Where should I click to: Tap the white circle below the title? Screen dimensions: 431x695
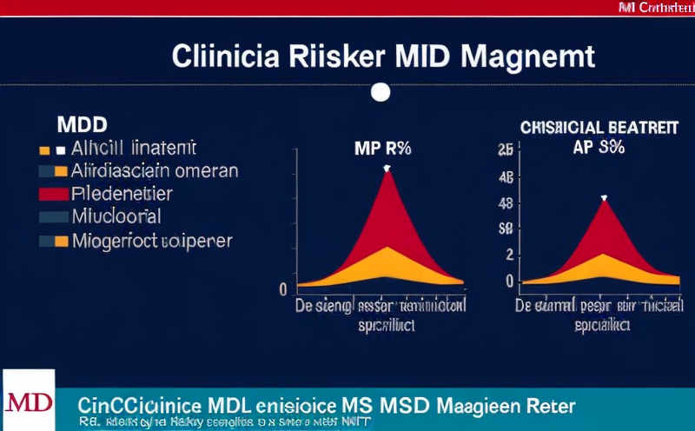[x=380, y=92]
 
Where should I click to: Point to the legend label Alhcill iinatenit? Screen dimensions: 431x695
[x=135, y=148]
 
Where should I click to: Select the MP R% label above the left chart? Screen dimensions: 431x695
[x=381, y=148]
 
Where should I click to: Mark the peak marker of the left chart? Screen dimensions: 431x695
[x=387, y=168]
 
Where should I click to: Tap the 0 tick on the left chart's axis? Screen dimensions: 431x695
[x=283, y=288]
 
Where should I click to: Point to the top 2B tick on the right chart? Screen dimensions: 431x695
[x=505, y=149]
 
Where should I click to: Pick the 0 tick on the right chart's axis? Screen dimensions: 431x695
[x=509, y=282]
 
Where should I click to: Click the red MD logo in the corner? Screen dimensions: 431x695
[x=27, y=402]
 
